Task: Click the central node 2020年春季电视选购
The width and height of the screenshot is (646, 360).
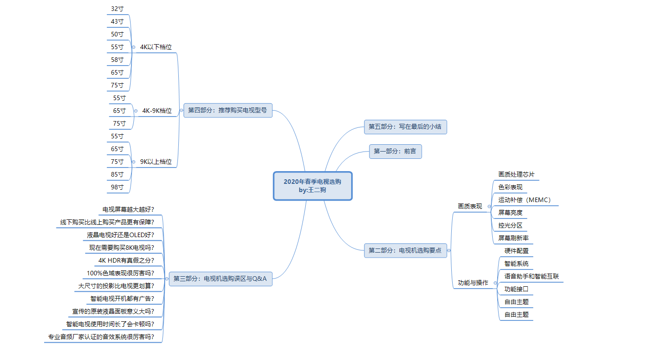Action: [x=313, y=186]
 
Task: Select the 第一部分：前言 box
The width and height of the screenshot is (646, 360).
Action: [x=395, y=151]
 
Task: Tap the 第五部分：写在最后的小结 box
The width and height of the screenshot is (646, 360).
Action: [x=405, y=127]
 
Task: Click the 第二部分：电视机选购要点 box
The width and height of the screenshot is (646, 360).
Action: [x=405, y=250]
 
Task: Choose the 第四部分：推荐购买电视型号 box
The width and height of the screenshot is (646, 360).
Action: [x=227, y=110]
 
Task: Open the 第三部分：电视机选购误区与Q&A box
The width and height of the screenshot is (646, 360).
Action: [x=220, y=279]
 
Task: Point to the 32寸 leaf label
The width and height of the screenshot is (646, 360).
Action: [x=117, y=9]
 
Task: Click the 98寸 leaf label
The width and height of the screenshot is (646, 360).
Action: [x=117, y=187]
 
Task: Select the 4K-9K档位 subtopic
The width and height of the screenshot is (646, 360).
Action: [x=157, y=111]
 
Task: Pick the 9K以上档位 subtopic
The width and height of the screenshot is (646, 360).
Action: [x=156, y=162]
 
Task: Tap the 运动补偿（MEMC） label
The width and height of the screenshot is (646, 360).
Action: [x=525, y=200]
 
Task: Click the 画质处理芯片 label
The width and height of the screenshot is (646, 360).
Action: [x=516, y=174]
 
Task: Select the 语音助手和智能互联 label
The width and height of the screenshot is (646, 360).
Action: [x=531, y=276]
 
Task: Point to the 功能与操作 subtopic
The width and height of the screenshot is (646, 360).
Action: [x=473, y=283]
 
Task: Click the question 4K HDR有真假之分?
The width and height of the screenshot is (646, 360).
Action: [x=126, y=260]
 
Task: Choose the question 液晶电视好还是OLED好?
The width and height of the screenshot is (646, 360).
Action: [x=121, y=235]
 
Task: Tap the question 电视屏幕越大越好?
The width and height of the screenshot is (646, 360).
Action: [x=128, y=209]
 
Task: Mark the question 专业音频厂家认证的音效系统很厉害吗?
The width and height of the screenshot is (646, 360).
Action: [x=101, y=337]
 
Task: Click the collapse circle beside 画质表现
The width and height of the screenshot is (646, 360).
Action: [x=489, y=206]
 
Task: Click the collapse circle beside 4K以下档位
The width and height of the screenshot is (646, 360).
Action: [x=133, y=47]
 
